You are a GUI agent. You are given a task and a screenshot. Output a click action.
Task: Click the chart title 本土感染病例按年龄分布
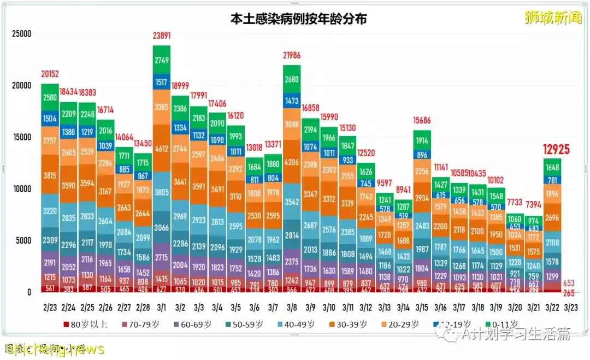click(x=298, y=19)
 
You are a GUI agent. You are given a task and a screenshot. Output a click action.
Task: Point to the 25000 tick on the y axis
click(x=21, y=34)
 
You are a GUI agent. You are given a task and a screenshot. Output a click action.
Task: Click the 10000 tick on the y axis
click(x=21, y=189)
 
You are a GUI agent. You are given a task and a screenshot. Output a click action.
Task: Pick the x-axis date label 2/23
click(x=50, y=308)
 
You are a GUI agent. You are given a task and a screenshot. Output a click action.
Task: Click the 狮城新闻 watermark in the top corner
click(x=553, y=18)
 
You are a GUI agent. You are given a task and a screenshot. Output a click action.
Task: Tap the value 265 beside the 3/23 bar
click(x=569, y=292)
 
